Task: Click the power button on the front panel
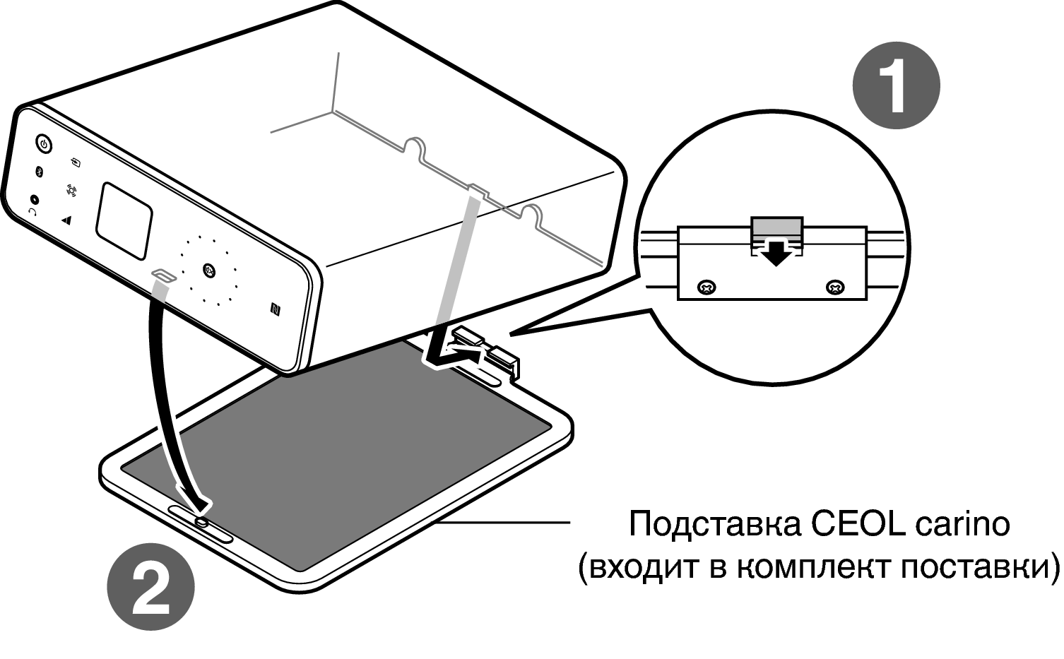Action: (x=44, y=144)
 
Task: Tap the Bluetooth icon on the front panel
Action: (x=40, y=172)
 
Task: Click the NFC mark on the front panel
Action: (x=276, y=309)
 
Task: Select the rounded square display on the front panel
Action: (x=124, y=221)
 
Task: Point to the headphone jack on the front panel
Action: (x=34, y=200)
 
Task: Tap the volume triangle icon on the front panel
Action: (x=66, y=220)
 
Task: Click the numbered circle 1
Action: (x=897, y=85)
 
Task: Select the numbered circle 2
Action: (x=150, y=587)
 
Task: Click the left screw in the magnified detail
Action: (x=707, y=287)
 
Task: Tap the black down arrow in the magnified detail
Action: (x=776, y=253)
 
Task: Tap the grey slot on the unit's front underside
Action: (x=163, y=275)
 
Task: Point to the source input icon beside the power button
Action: (x=76, y=162)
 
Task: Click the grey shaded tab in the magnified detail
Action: (x=776, y=227)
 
